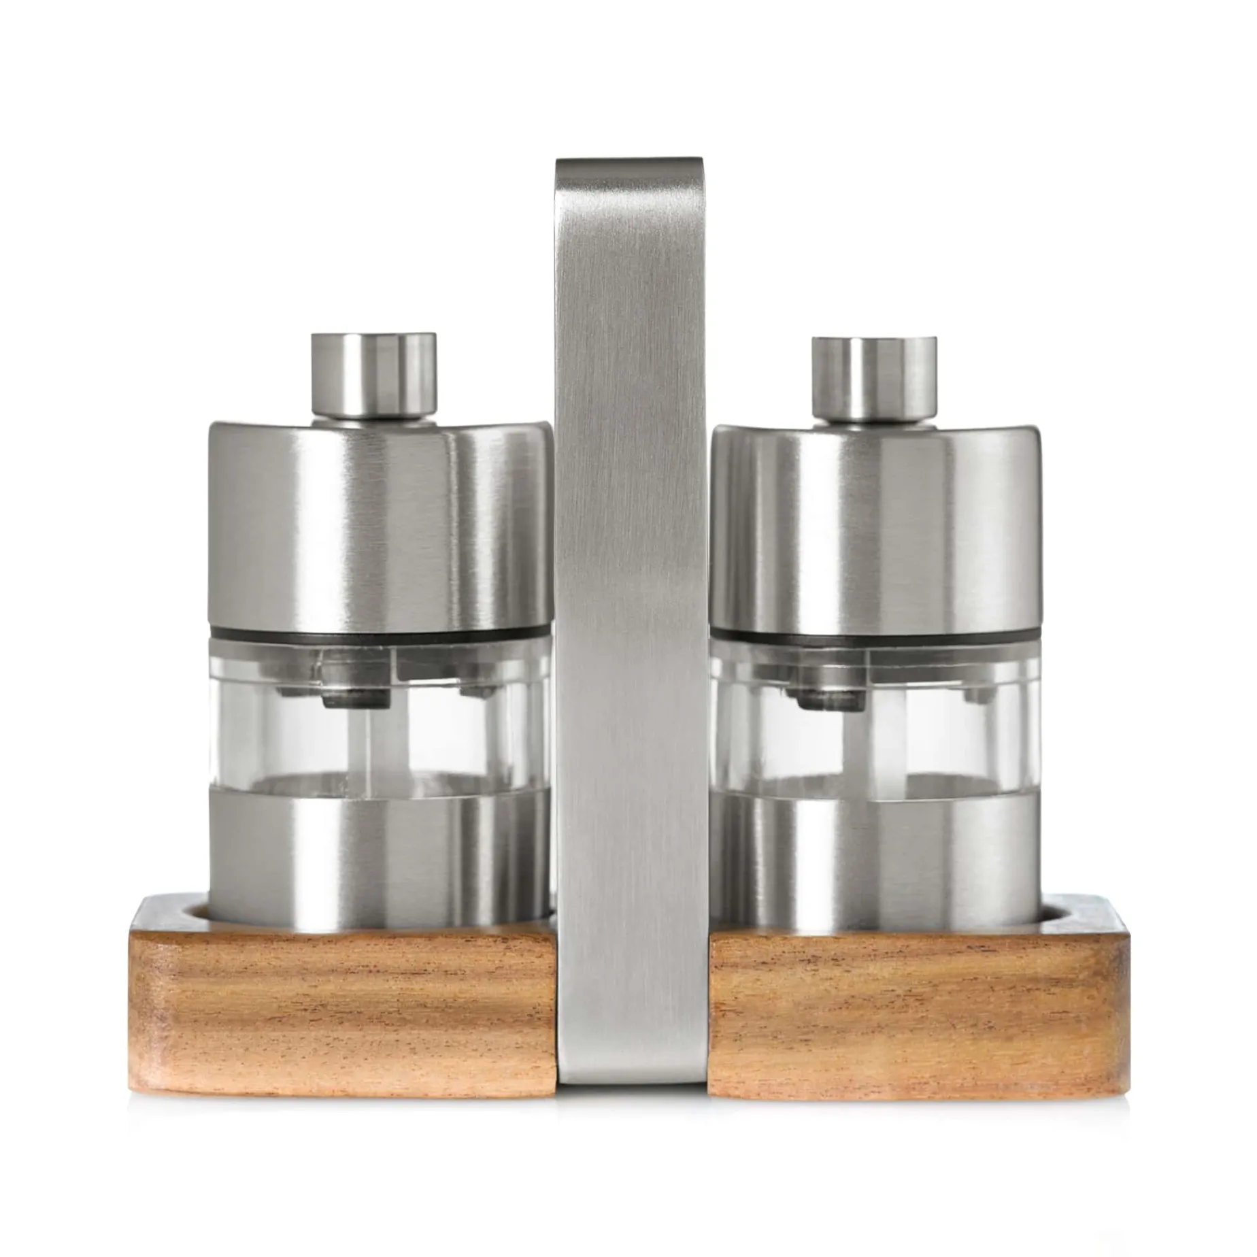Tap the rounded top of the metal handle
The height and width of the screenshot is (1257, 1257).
[628, 170]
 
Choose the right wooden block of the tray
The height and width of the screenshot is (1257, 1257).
[911, 1007]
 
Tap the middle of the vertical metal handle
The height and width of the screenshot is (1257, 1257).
[630, 612]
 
